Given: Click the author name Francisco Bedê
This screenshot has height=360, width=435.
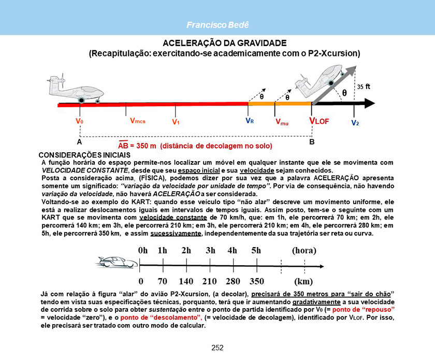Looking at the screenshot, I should (x=217, y=25).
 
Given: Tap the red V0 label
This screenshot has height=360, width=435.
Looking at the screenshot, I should (x=80, y=121).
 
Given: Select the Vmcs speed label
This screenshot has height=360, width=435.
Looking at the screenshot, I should (x=137, y=121).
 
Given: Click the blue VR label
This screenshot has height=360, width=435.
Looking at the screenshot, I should (x=249, y=121).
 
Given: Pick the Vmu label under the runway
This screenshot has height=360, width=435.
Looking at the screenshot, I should (x=282, y=122).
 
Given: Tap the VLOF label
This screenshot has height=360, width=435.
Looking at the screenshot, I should (x=319, y=121).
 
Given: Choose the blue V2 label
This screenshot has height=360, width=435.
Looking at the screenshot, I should (x=355, y=123).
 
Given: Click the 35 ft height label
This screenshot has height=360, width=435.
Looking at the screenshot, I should (x=364, y=87).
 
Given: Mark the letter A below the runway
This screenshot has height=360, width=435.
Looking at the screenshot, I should (x=79, y=141).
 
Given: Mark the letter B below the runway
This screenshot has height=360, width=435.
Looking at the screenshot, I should (x=312, y=141).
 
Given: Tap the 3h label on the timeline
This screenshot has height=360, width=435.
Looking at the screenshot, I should (x=210, y=250).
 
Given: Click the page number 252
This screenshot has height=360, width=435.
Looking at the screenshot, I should (x=218, y=348).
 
